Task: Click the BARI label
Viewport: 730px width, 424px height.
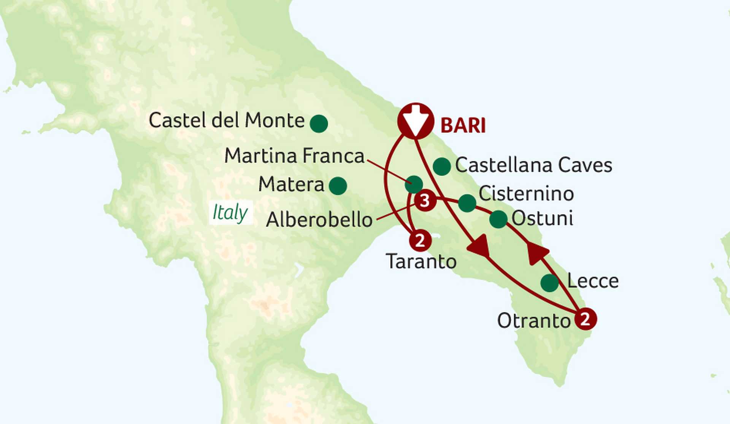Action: pyautogui.click(x=463, y=125)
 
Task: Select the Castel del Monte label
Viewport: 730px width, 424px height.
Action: pyautogui.click(x=227, y=120)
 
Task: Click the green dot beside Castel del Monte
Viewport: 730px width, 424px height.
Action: pyautogui.click(x=319, y=123)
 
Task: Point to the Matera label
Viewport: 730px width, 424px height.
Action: pyautogui.click(x=291, y=185)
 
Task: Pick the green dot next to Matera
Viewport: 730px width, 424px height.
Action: pyautogui.click(x=338, y=186)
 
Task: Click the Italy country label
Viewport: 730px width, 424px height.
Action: pyautogui.click(x=230, y=212)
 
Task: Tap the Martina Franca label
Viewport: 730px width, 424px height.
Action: pyautogui.click(x=294, y=156)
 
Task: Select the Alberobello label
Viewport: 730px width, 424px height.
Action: pyautogui.click(x=319, y=220)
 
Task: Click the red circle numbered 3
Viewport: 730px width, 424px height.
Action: pyautogui.click(x=425, y=201)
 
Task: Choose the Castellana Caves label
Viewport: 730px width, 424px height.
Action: pyautogui.click(x=533, y=165)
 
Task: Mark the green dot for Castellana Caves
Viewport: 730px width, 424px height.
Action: pyautogui.click(x=441, y=166)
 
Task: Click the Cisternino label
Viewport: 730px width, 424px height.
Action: pyautogui.click(x=526, y=194)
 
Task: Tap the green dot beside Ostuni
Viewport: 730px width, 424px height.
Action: pyautogui.click(x=498, y=219)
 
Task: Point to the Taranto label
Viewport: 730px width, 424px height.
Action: pyautogui.click(x=421, y=261)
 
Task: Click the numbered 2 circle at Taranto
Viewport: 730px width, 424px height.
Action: pyautogui.click(x=420, y=240)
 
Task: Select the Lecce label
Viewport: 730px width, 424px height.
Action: pyautogui.click(x=593, y=282)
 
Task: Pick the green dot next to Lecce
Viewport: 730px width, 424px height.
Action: pyautogui.click(x=549, y=283)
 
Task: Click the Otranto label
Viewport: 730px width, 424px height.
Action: pyautogui.click(x=534, y=321)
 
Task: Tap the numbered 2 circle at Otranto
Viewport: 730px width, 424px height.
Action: pyautogui.click(x=585, y=319)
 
